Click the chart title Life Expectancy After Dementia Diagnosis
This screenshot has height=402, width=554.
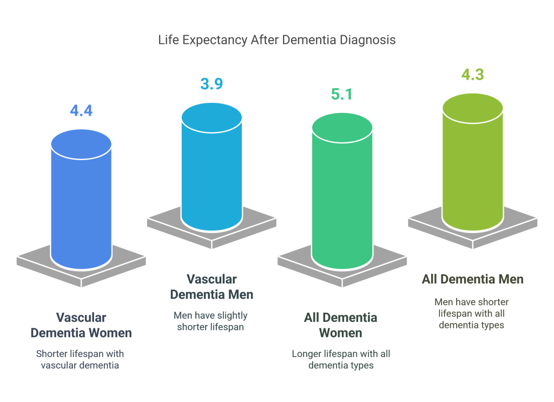tap(277, 40)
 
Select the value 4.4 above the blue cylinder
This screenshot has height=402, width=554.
tap(81, 111)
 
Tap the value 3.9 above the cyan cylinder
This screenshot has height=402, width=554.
tap(212, 84)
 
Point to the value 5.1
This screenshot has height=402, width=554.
tap(341, 95)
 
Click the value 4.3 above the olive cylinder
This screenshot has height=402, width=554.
tap(472, 75)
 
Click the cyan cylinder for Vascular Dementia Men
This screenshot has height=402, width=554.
tap(212, 168)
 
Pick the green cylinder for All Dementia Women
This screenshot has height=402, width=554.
tap(341, 195)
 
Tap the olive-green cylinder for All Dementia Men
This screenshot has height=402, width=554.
tap(472, 162)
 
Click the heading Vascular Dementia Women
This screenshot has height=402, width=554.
tap(81, 325)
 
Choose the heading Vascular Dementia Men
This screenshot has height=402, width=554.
tap(212, 287)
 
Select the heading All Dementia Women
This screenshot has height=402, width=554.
tap(340, 325)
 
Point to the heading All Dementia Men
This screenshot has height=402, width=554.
tap(472, 279)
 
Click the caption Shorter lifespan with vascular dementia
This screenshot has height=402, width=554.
tap(80, 360)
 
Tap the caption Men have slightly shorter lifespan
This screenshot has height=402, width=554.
tap(211, 321)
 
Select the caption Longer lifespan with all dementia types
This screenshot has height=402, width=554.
tap(341, 360)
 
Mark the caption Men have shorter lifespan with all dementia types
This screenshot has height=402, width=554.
tap(471, 313)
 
